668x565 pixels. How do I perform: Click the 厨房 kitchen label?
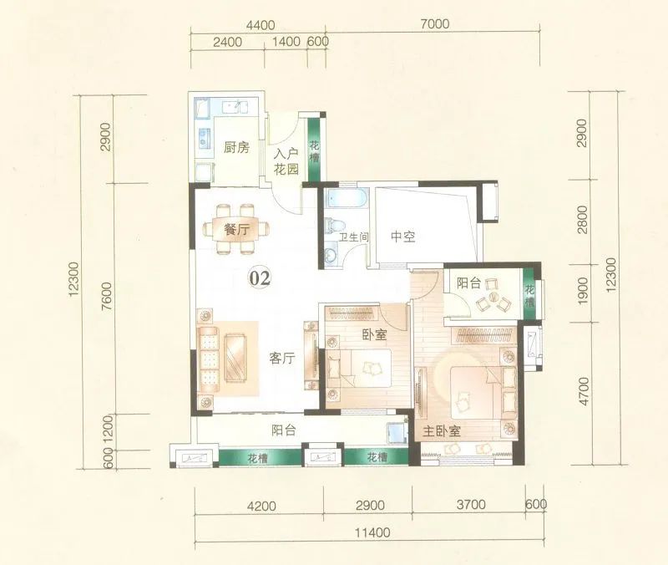tap(236, 148)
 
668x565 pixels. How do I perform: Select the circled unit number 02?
tap(260, 278)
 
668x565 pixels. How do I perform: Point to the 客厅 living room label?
tap(282, 359)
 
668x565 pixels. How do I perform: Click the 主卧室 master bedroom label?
tap(442, 431)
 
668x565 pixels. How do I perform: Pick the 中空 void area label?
tap(403, 237)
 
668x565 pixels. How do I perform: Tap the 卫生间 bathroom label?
tap(353, 237)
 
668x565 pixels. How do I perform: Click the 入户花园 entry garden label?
tap(286, 161)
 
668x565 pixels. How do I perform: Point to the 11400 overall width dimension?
tap(373, 533)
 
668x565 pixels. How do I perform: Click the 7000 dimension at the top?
tap(434, 24)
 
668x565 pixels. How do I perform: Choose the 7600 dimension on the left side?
tap(107, 296)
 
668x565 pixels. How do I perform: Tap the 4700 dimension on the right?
tap(584, 391)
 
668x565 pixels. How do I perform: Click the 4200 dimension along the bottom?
tap(261, 506)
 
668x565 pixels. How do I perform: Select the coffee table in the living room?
tap(237, 357)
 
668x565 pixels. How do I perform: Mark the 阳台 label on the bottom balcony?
tap(284, 430)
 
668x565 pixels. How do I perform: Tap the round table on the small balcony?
tap(493, 297)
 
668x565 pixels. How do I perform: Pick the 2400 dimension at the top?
tap(227, 42)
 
